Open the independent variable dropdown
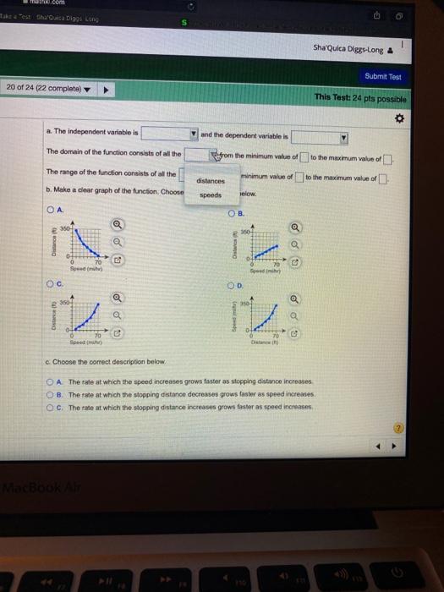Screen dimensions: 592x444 [x=169, y=133]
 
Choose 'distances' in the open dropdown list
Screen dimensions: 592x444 [x=211, y=180]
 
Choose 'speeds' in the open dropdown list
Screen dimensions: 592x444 [x=210, y=195]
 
